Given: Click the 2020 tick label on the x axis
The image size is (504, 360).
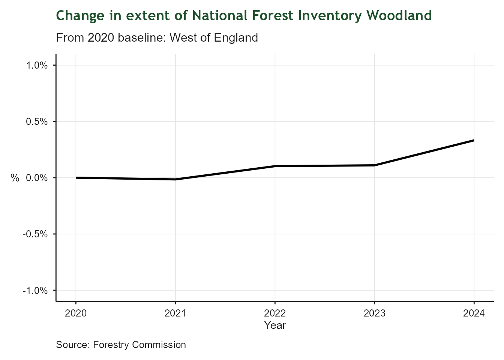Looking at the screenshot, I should pyautogui.click(x=76, y=313).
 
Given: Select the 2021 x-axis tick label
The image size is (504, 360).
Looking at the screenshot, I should pyautogui.click(x=175, y=313).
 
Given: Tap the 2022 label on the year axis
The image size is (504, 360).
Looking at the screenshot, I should pyautogui.click(x=275, y=313).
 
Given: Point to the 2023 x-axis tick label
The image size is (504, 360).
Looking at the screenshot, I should pyautogui.click(x=374, y=313).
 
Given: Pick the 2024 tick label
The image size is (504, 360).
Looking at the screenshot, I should pyautogui.click(x=474, y=313).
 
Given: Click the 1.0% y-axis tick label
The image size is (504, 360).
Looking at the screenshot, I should pyautogui.click(x=37, y=66).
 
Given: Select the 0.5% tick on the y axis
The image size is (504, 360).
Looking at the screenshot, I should pyautogui.click(x=37, y=122).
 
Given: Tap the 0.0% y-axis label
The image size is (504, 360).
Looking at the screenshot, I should pyautogui.click(x=37, y=178).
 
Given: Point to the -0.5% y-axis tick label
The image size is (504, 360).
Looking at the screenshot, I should pyautogui.click(x=35, y=234).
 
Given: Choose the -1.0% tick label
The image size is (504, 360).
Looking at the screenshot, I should pyautogui.click(x=35, y=291).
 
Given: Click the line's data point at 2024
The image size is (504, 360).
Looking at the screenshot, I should pyautogui.click(x=474, y=140).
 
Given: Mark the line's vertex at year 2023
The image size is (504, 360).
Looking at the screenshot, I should pyautogui.click(x=374, y=165).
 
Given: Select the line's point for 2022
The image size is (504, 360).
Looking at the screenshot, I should pyautogui.click(x=275, y=166).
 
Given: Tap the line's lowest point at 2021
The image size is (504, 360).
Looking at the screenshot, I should pyautogui.click(x=175, y=179).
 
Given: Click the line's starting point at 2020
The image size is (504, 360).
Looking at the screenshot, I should pyautogui.click(x=76, y=178).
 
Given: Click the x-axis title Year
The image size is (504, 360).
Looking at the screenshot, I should pyautogui.click(x=275, y=325).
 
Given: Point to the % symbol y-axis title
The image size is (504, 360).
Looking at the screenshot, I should pyautogui.click(x=15, y=178).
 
